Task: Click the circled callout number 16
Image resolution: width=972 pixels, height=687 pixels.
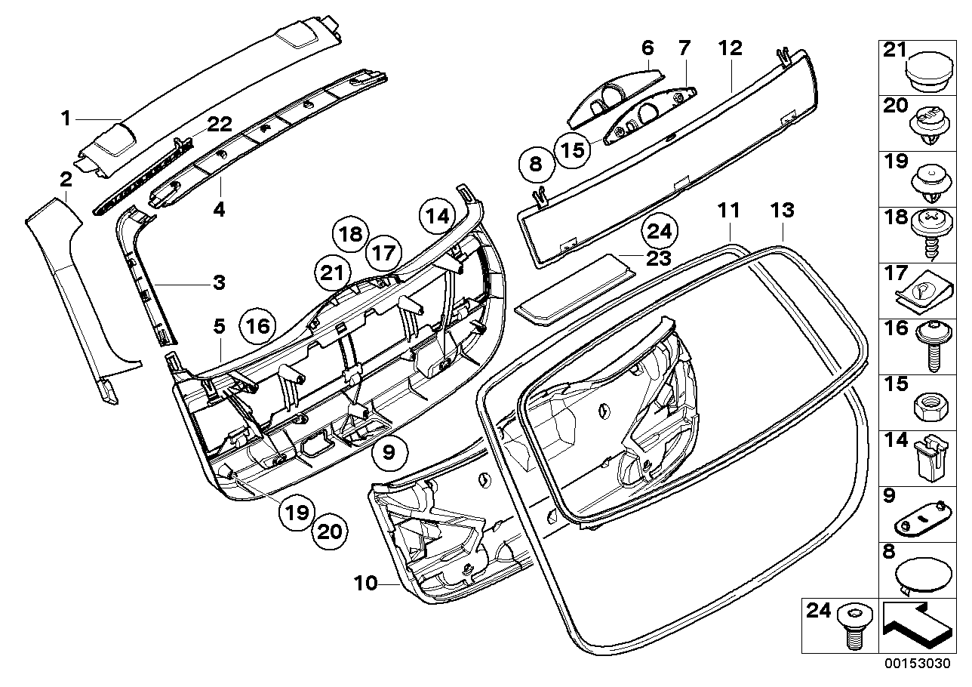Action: coord(257,326)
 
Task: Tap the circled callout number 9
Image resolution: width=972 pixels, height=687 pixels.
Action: coord(389,453)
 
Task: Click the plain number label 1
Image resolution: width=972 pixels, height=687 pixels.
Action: coord(66,118)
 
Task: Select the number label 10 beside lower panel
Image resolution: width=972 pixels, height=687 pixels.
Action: coord(365,584)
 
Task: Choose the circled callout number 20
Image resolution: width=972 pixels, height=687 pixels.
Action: coord(329,532)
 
